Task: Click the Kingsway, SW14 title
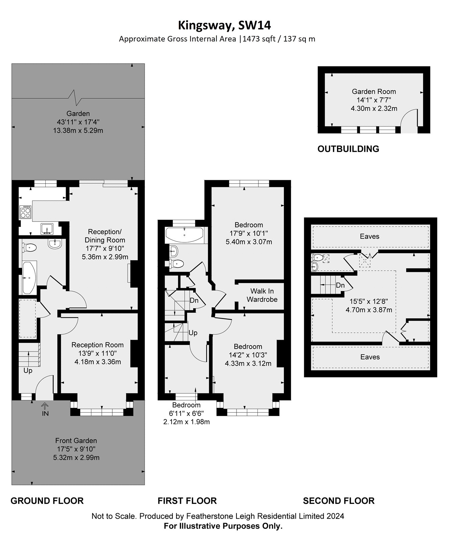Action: click(225, 25)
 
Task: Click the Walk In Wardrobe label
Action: click(262, 295)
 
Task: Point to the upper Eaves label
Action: click(370, 236)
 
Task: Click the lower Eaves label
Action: click(370, 357)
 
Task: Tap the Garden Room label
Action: click(374, 91)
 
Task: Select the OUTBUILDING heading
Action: click(348, 149)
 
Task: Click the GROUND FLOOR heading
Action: click(47, 501)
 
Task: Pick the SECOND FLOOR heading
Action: click(339, 501)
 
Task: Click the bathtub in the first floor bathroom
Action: click(184, 234)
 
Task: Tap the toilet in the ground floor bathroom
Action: click(29, 248)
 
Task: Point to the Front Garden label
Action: click(76, 441)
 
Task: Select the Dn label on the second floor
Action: click(340, 285)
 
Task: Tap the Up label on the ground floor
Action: click(28, 371)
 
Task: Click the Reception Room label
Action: click(97, 345)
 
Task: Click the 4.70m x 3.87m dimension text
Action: click(369, 310)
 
